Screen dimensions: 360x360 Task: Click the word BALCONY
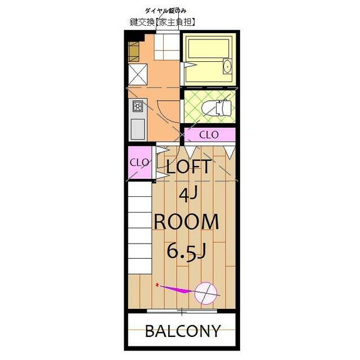pos(183,331)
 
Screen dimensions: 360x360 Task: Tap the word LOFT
pos(188,166)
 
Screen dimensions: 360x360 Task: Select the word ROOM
pos(186,222)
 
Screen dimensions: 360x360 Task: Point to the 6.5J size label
pos(186,251)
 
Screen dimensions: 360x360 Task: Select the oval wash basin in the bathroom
pos(227,66)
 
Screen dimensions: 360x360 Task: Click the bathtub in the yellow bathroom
pos(209,48)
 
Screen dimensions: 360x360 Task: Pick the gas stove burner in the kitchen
pos(138,106)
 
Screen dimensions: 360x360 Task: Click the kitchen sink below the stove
pos(138,129)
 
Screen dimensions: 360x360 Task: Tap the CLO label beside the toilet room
pos(209,135)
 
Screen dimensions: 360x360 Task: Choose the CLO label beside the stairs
pos(139,163)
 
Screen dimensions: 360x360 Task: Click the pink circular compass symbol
pos(206,294)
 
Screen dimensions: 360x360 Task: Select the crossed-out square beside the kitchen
pos(137,75)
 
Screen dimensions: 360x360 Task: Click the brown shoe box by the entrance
pos(134,52)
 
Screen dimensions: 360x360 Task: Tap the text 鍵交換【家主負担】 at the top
pos(163,22)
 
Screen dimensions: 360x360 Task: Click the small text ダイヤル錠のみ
pos(165,11)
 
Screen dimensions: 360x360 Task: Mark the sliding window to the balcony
pos(182,312)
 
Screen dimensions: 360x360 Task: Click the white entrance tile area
pos(166,47)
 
